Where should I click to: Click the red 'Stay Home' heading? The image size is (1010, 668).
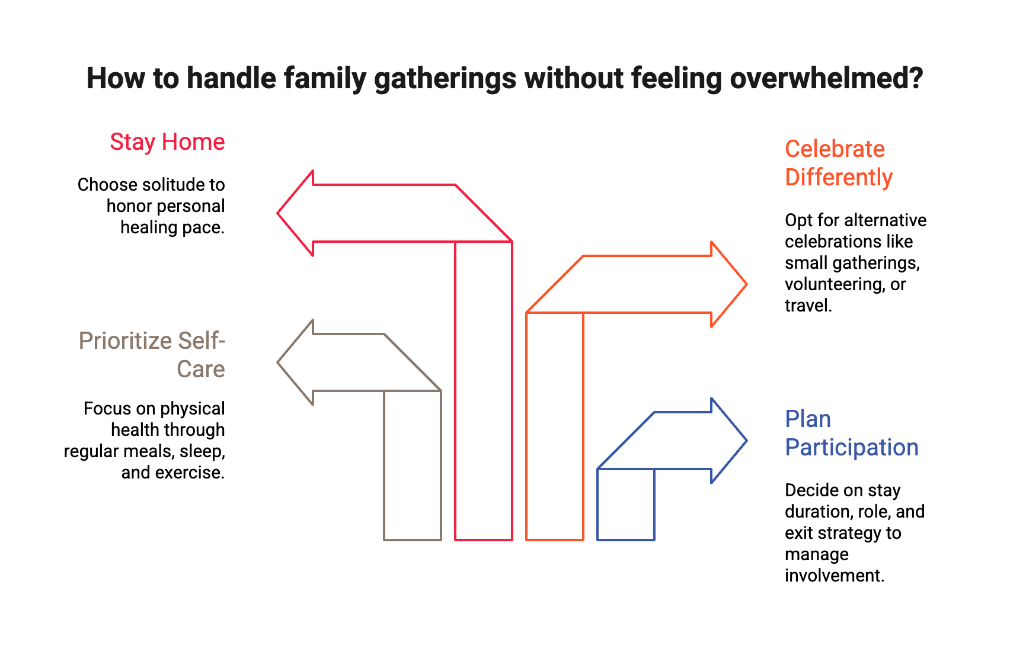(x=167, y=143)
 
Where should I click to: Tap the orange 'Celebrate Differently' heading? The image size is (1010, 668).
(x=838, y=163)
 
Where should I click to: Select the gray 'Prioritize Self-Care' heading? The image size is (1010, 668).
(x=152, y=355)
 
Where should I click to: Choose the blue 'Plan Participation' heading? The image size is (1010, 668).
(x=851, y=433)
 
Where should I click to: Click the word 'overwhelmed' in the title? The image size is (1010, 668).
(x=826, y=79)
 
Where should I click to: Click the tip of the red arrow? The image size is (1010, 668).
(x=279, y=213)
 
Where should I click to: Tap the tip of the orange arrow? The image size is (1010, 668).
(x=746, y=284)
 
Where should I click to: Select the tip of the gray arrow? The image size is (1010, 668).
(x=279, y=362)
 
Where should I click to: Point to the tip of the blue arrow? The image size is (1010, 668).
(x=745, y=441)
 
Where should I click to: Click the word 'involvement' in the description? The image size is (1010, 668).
(x=834, y=576)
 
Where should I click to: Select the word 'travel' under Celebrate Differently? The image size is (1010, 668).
(x=807, y=306)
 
